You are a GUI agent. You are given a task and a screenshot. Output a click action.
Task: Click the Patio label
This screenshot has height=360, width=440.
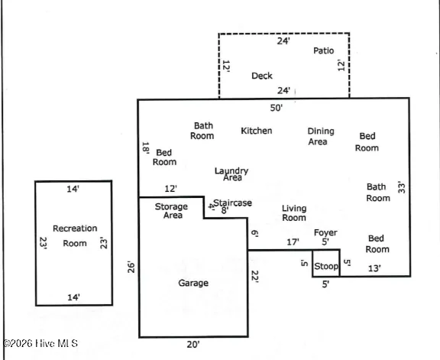tap(324, 50)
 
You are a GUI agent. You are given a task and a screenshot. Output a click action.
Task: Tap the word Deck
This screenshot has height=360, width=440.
tap(262, 76)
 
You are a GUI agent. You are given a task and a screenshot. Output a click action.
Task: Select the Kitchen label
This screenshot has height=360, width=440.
tap(256, 131)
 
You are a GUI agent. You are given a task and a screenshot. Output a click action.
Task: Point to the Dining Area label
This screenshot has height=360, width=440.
tap(321, 136)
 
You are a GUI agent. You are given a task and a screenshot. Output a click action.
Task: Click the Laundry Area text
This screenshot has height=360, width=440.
tap(231, 174)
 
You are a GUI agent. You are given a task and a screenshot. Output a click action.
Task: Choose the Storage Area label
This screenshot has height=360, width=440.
tap(171, 211)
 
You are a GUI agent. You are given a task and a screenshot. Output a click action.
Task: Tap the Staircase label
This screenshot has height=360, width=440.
tap(232, 203)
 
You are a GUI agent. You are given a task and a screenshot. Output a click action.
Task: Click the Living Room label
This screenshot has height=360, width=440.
tap(294, 212)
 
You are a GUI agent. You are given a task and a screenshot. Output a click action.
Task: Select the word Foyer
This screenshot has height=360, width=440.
tap(325, 232)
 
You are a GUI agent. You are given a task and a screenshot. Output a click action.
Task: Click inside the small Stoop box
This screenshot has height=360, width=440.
tap(326, 266)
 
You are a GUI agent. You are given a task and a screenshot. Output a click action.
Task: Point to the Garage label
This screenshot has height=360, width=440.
tap(193, 283)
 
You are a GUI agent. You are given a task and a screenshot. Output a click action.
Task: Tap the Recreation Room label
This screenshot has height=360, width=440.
tap(75, 235)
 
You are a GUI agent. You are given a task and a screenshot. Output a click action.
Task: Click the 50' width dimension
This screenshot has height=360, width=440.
tap(277, 108)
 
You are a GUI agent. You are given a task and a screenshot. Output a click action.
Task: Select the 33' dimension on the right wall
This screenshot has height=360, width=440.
tap(401, 186)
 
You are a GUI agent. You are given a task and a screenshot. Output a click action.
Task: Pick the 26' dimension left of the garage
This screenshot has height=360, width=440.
tap(132, 268)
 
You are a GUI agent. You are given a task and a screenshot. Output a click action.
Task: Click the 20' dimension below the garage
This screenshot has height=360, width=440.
tap(193, 345)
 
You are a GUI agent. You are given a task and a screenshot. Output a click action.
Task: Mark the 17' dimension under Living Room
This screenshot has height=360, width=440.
tap(293, 242)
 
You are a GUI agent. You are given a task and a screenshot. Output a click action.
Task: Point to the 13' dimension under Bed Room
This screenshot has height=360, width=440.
tap(375, 268)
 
